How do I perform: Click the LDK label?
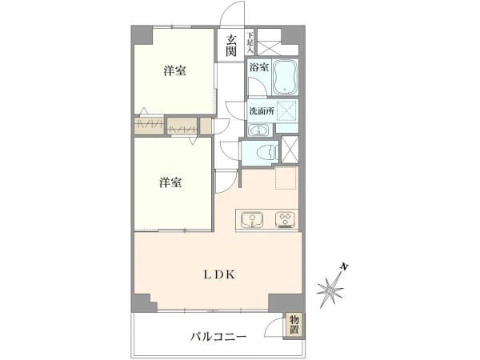(217, 274)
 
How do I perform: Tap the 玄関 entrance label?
(230, 45)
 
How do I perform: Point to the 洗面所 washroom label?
(261, 111)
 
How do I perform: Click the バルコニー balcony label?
(217, 337)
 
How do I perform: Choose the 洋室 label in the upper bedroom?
(175, 71)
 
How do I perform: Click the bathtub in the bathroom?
(286, 78)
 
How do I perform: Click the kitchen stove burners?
(286, 218)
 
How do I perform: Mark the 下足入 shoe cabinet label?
(250, 42)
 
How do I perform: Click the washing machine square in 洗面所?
(286, 110)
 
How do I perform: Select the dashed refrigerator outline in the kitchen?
(286, 178)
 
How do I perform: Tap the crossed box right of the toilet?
(290, 150)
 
